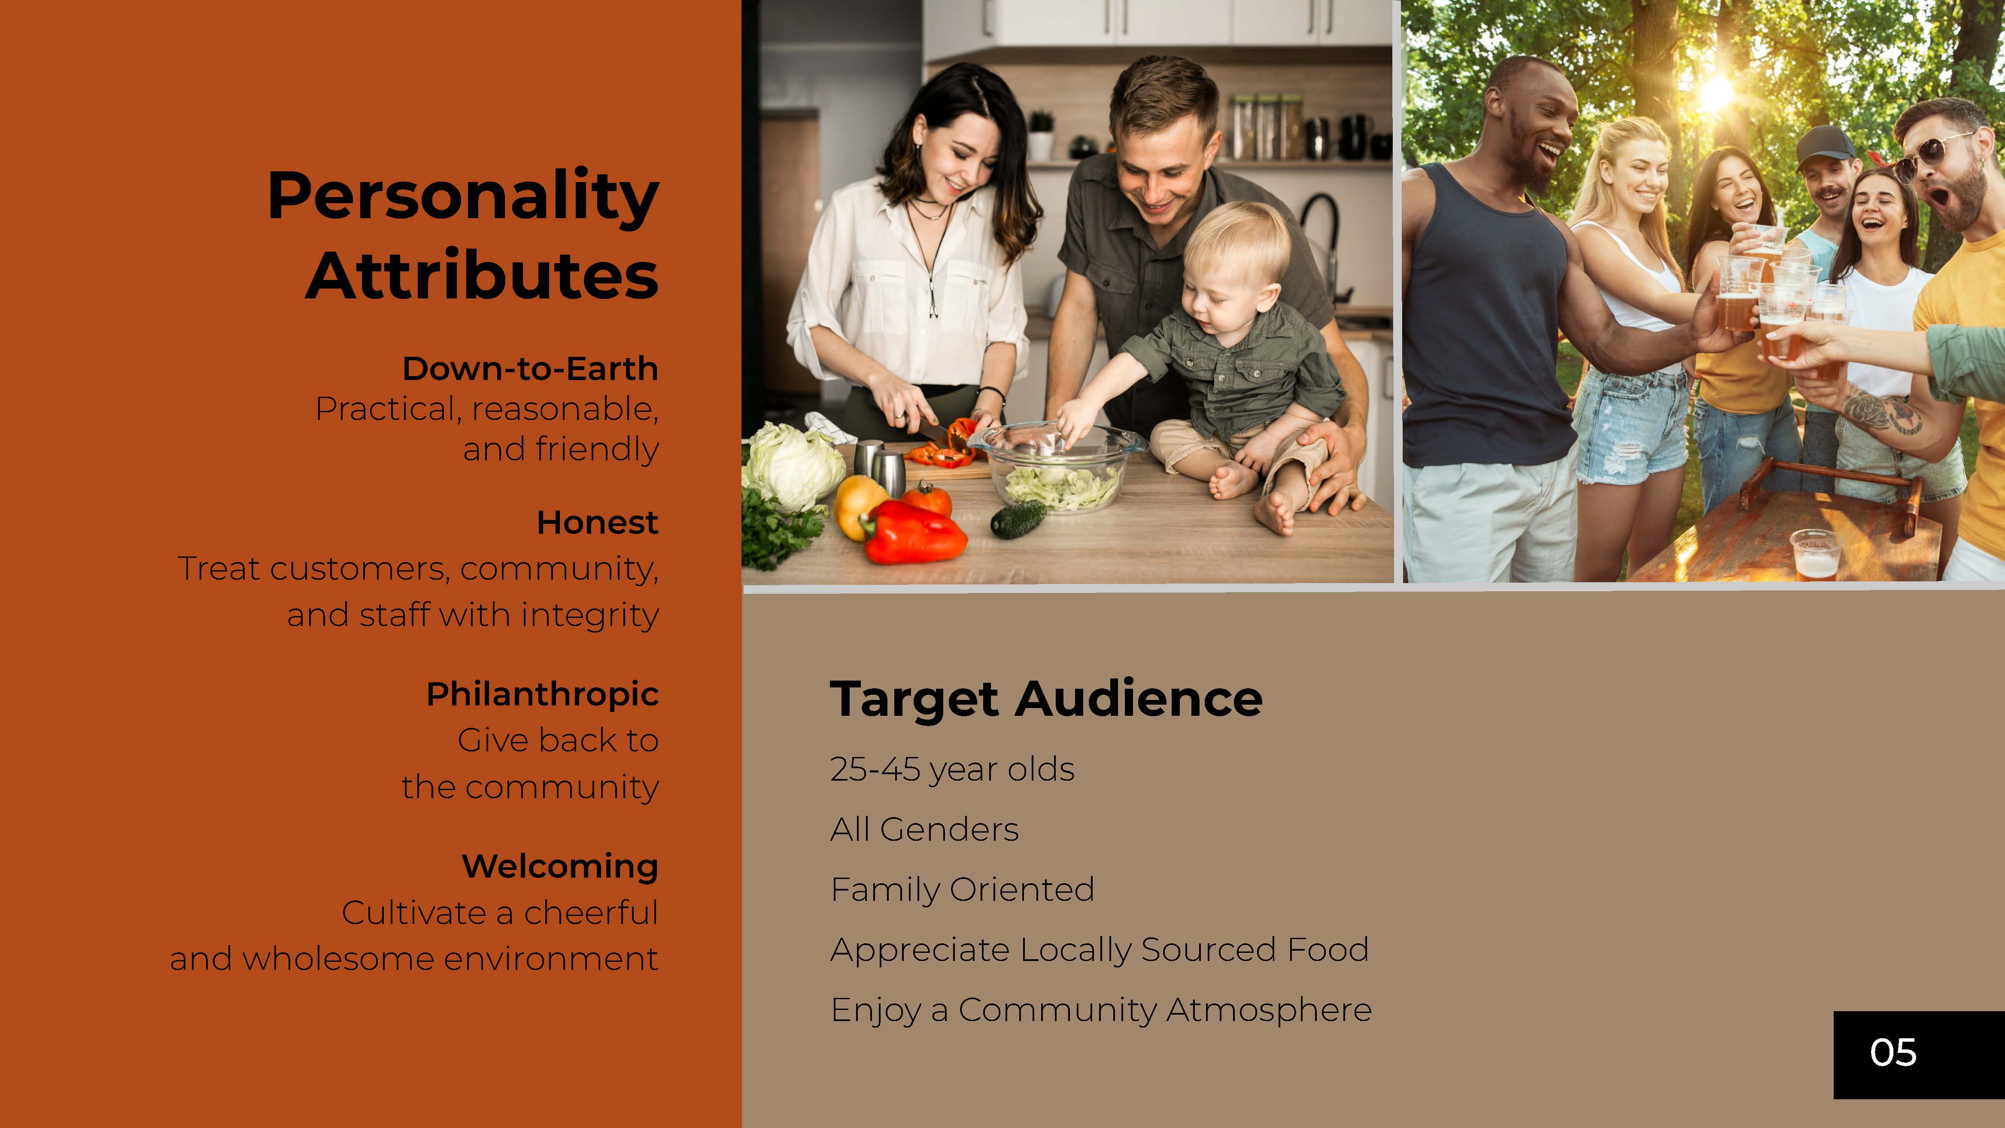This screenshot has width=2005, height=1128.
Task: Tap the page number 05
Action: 1893,1052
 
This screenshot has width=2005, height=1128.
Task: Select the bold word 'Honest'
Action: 597,523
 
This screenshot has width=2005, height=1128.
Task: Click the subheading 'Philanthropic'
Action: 543,693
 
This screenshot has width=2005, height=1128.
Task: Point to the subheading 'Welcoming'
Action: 559,866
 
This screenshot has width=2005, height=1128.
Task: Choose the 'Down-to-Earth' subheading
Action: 530,368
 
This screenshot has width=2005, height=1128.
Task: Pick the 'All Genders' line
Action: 924,829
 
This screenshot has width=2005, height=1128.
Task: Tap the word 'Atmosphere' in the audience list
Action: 1269,1009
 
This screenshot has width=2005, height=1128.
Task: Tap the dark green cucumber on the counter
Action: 1018,518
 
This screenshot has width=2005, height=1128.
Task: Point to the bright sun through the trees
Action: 1716,94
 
